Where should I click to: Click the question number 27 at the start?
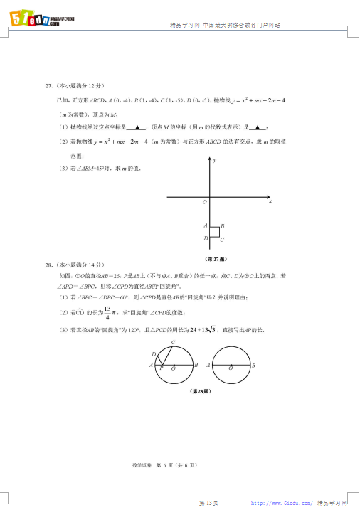click(x=48, y=86)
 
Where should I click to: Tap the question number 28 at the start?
click(x=48, y=265)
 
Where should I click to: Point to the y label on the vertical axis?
click(x=215, y=162)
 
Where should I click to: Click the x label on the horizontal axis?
click(x=271, y=202)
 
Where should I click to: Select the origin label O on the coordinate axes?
click(x=204, y=203)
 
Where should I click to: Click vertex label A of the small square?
click(x=205, y=226)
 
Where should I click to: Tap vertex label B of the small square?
click(x=223, y=227)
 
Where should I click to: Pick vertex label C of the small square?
click(x=222, y=240)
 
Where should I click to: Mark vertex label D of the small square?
click(x=205, y=238)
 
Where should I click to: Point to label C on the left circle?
click(x=173, y=343)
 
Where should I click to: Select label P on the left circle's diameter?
click(x=162, y=369)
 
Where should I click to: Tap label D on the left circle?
click(x=153, y=353)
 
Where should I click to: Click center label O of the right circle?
click(x=231, y=369)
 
